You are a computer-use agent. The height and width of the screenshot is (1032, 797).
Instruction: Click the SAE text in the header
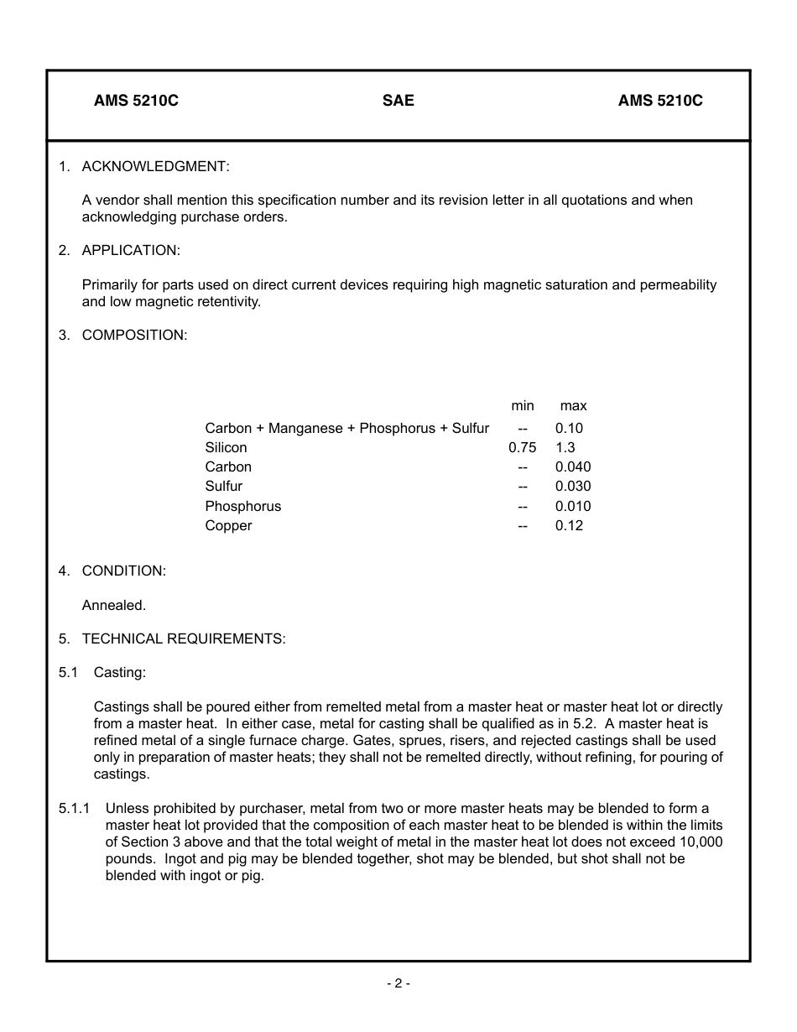[398, 101]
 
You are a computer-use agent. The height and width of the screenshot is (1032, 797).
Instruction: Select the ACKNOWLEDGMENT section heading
[155, 166]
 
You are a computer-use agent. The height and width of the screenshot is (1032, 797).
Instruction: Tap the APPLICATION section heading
[131, 250]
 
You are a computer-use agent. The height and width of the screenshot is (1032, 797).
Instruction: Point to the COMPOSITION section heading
[134, 335]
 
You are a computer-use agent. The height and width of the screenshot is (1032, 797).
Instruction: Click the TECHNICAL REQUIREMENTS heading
[184, 638]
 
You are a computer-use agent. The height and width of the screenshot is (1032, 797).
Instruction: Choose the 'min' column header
[522, 406]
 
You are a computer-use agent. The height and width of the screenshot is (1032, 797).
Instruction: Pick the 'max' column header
[573, 406]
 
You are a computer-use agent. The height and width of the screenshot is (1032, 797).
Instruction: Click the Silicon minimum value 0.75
[522, 448]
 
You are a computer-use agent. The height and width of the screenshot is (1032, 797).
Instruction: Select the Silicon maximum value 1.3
[565, 448]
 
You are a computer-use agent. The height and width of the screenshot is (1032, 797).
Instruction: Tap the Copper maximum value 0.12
[569, 526]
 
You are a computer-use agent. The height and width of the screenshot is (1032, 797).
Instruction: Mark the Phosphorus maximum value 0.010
[572, 507]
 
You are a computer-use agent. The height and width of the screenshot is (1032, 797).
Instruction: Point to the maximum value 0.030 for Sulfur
[572, 487]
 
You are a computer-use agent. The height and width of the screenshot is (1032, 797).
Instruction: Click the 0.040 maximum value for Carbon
[572, 467]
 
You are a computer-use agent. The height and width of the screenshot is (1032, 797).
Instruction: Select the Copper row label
[228, 526]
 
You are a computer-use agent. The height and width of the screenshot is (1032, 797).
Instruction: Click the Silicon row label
[226, 448]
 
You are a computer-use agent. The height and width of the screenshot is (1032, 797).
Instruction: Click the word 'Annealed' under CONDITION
[113, 605]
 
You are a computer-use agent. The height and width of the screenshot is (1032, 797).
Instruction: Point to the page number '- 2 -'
[398, 983]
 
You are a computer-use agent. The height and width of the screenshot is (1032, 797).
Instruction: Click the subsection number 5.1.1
[74, 809]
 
